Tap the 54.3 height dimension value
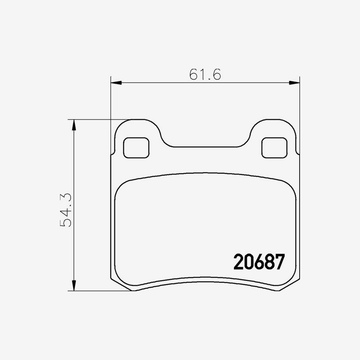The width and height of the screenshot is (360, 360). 66,210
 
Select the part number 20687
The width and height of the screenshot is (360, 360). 259,262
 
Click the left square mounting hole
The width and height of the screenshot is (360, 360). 136,148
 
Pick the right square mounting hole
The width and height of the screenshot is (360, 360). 274,148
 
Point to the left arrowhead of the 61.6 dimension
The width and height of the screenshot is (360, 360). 115,83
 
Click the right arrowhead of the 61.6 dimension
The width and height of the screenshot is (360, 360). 294,83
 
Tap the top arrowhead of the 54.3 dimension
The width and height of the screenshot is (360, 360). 74,124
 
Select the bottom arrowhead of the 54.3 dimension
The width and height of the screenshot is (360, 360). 74,286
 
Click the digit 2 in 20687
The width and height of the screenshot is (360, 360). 238,262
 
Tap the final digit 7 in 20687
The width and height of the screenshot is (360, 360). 279,262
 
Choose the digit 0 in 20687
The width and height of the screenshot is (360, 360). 248,262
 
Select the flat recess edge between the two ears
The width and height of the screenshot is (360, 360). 205,147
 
